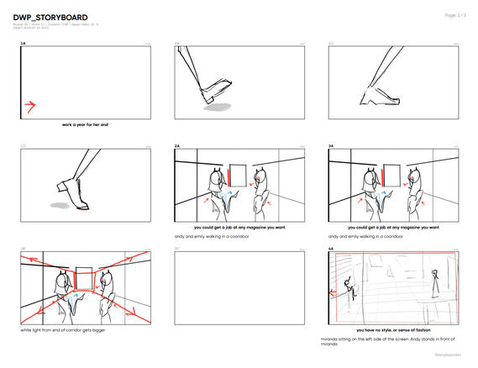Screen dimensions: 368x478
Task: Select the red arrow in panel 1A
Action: coord(30,106)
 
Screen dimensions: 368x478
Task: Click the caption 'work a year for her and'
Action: coord(86,124)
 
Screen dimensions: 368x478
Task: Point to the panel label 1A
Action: coord(24,43)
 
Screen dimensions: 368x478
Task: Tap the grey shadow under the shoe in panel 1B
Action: coord(219,107)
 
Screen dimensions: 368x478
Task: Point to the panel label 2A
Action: coord(177,146)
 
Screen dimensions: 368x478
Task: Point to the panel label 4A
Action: coord(331,250)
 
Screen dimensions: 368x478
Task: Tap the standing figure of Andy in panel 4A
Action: coord(434,287)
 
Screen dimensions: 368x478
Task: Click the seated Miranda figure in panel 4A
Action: coord(353,293)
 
